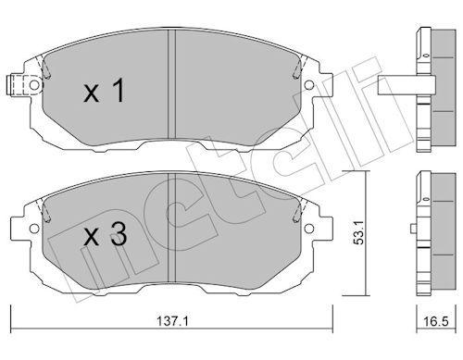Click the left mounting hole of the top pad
[34, 85]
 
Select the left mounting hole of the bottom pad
[34, 228]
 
